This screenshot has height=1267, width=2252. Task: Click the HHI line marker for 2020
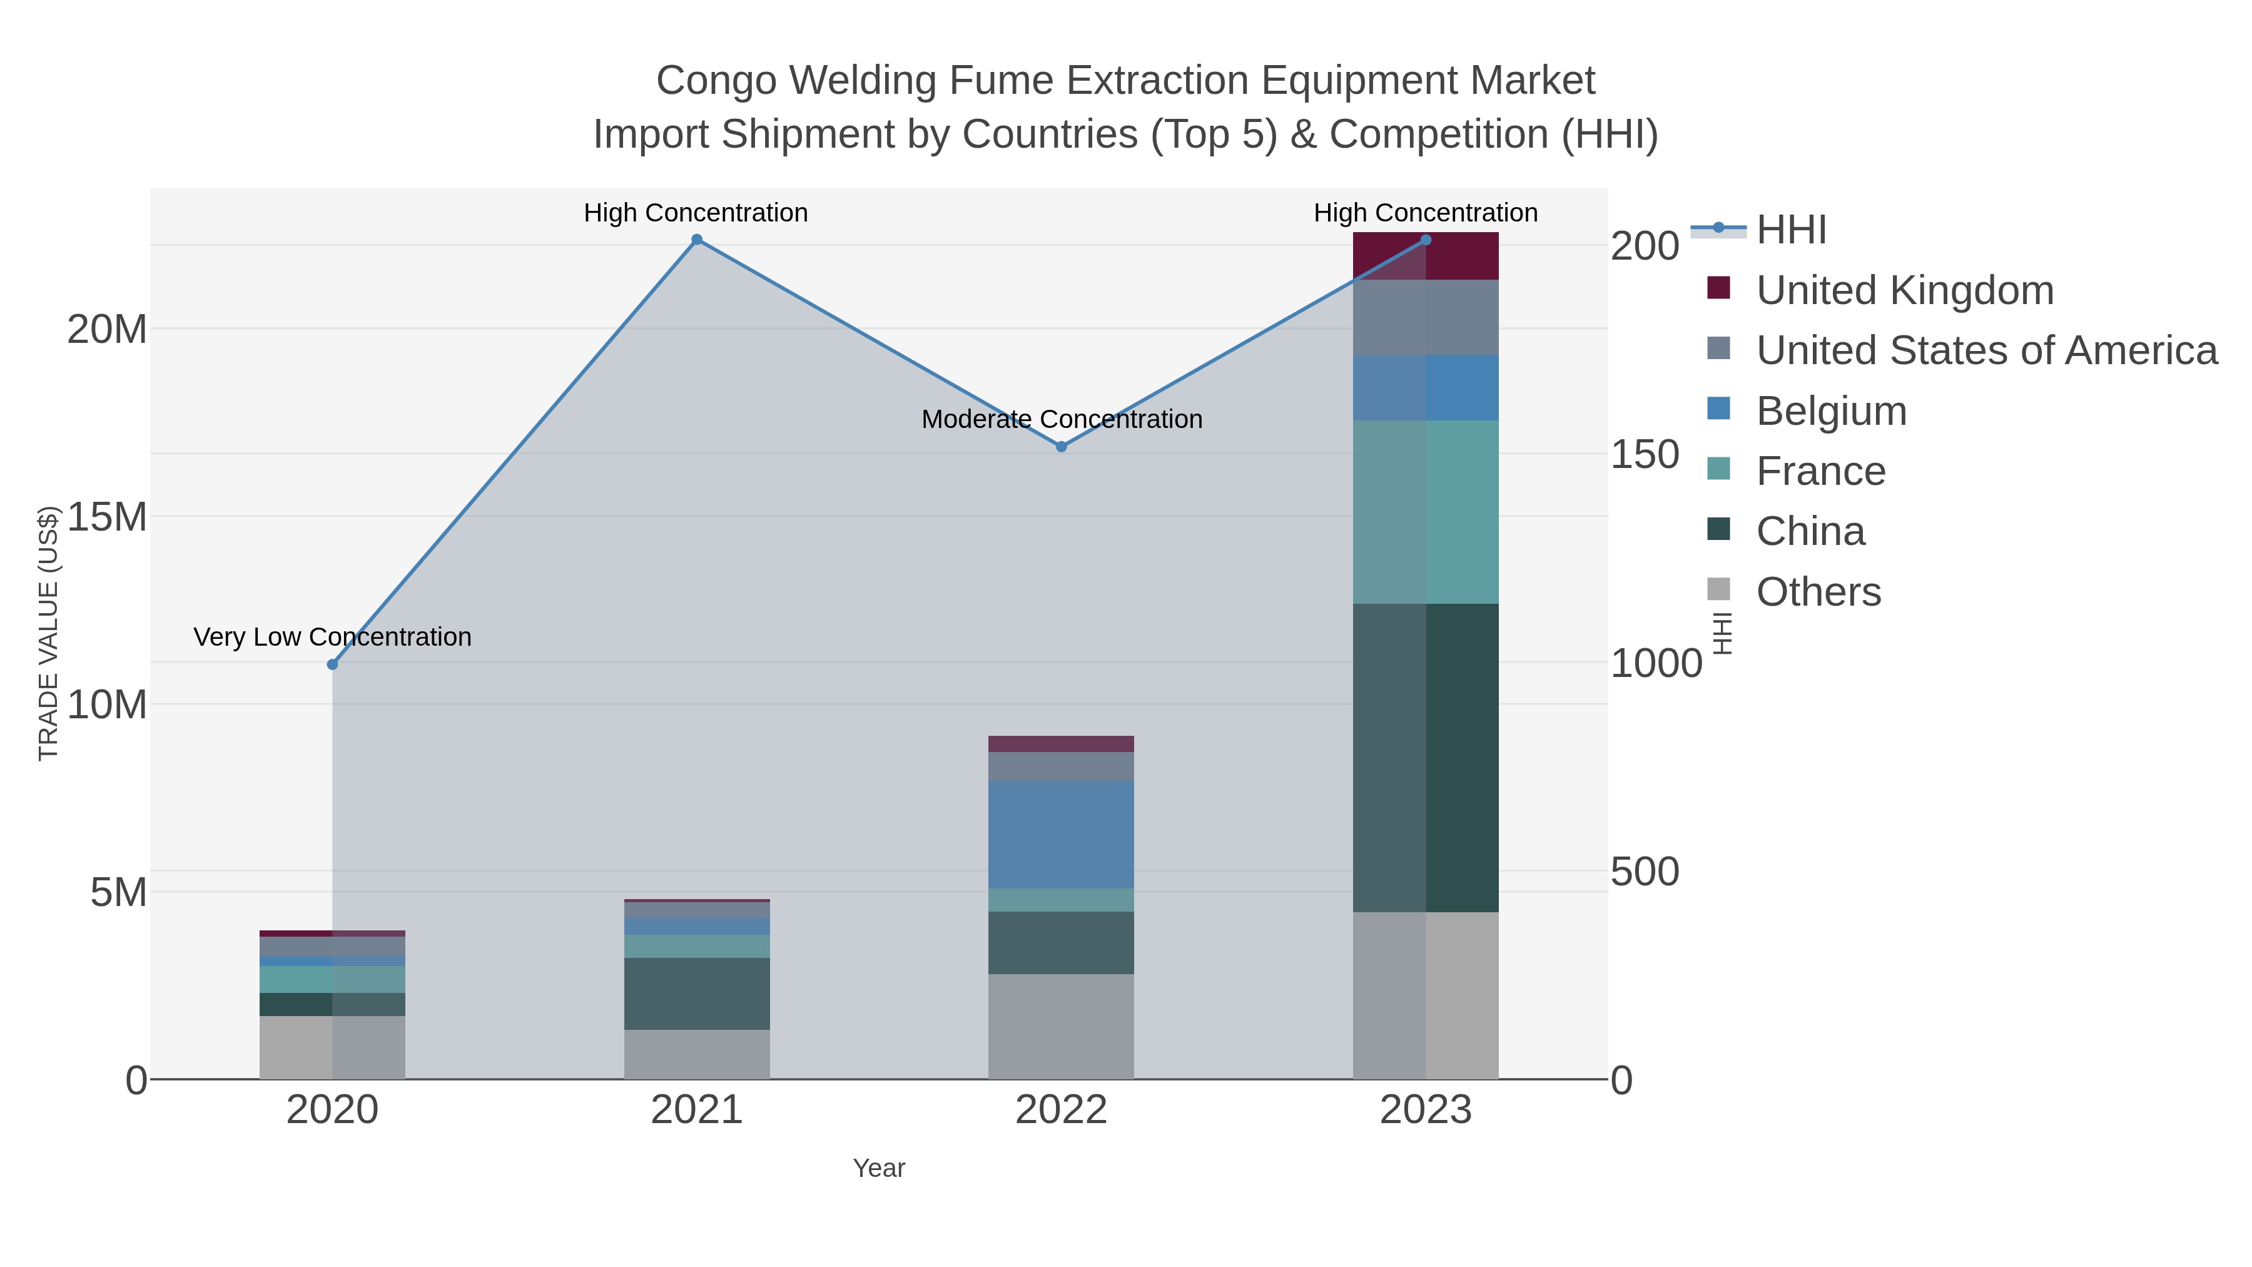pos(332,664)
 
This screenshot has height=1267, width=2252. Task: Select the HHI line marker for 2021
pos(697,240)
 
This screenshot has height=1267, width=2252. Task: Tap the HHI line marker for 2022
pos(1062,447)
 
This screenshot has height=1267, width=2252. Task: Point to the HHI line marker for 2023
pos(1426,240)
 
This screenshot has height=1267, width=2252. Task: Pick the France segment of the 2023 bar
pos(1426,512)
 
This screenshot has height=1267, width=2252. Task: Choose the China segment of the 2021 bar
pos(697,994)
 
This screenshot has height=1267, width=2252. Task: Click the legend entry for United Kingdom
pos(1904,290)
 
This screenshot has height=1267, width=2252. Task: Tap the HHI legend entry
pos(1790,230)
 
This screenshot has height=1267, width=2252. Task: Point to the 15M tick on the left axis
pos(106,517)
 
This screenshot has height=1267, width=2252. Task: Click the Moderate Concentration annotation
pos(1062,420)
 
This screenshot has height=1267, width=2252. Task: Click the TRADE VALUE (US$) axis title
pos(49,633)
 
